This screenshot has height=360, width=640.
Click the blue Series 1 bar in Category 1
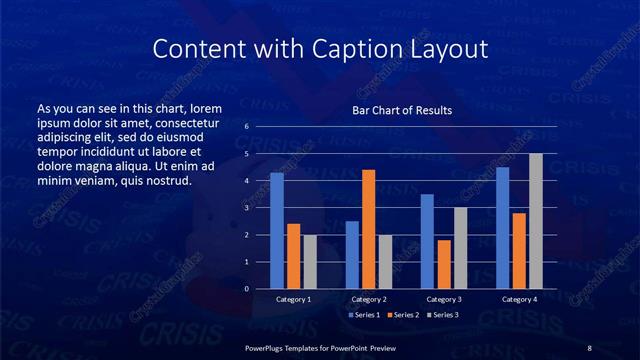pyautogui.click(x=277, y=231)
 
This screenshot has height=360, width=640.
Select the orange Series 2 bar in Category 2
pyautogui.click(x=368, y=229)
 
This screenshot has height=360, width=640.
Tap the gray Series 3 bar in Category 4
pyautogui.click(x=535, y=221)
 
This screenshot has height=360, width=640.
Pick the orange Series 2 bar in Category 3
pyautogui.click(x=443, y=264)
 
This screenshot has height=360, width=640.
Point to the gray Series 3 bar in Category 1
pyautogui.click(x=310, y=262)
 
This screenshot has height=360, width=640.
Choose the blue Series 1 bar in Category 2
pyautogui.click(x=352, y=255)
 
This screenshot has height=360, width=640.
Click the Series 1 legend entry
pyautogui.click(x=365, y=315)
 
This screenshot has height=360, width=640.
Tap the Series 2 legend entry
pyautogui.click(x=403, y=315)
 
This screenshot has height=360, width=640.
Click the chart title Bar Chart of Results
pyautogui.click(x=402, y=110)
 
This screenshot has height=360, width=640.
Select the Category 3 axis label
pyautogui.click(x=443, y=299)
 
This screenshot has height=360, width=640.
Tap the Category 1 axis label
pyautogui.click(x=293, y=299)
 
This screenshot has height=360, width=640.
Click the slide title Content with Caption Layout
pyautogui.click(x=320, y=48)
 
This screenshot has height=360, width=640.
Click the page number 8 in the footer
pyautogui.click(x=589, y=347)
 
